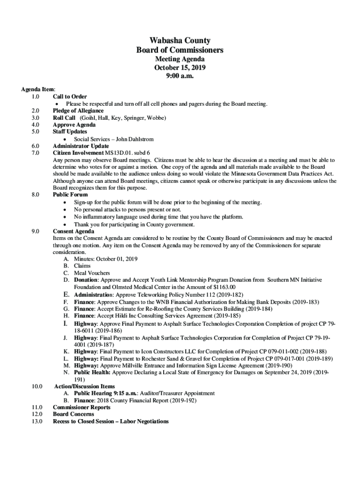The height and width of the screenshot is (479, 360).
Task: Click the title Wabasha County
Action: coord(180,41)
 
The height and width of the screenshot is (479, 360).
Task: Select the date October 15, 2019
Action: coord(180,67)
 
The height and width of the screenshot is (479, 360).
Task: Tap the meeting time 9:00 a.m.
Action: coord(180,76)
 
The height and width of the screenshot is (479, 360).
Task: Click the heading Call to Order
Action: coord(70,96)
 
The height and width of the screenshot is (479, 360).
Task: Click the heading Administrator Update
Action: coord(81,146)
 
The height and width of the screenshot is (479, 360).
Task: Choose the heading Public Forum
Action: coord(70,194)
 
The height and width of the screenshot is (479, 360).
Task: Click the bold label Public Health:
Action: coord(92,372)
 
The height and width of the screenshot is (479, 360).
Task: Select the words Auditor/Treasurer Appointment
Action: coord(176,393)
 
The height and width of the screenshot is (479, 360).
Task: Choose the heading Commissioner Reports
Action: coord(81,407)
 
